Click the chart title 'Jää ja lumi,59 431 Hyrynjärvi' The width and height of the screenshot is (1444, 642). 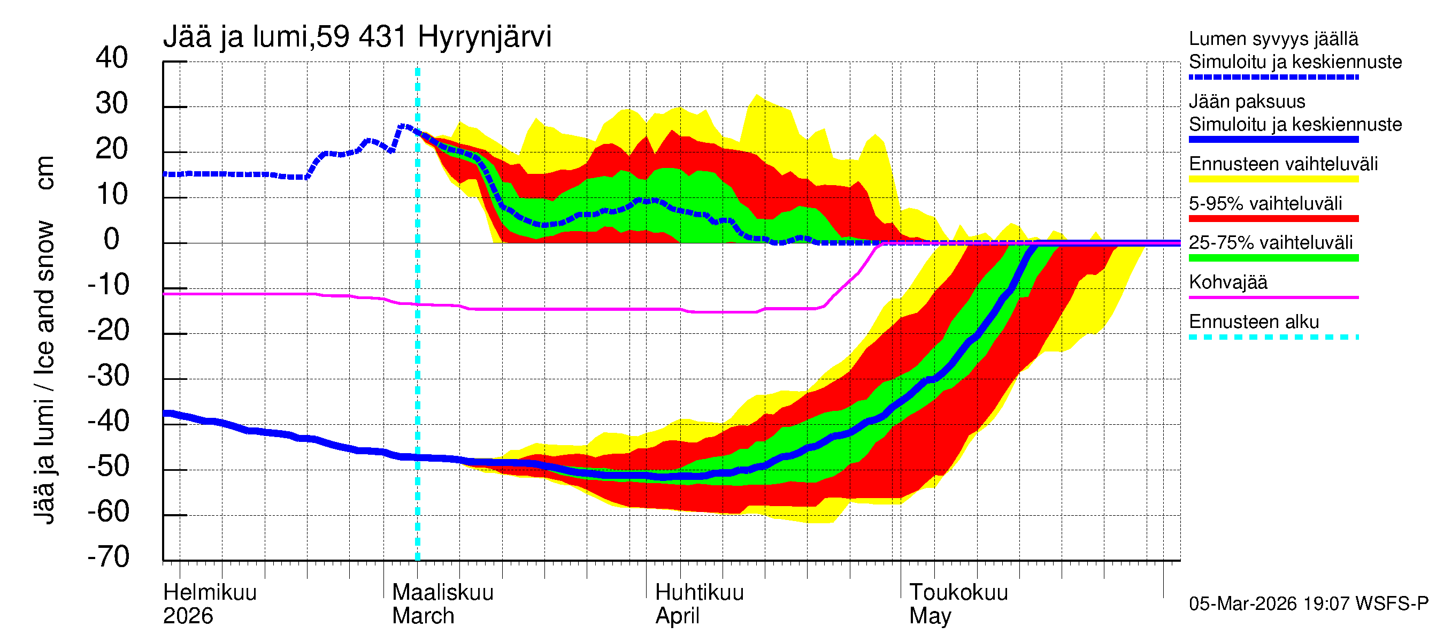[357, 37]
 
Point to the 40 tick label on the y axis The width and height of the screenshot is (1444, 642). [112, 58]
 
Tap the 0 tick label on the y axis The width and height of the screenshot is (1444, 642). [112, 240]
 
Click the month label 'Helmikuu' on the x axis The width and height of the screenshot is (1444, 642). [210, 592]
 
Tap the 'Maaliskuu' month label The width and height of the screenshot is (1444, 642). [442, 592]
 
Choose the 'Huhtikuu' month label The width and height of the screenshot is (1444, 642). [699, 592]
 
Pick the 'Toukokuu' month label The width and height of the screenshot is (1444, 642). [958, 592]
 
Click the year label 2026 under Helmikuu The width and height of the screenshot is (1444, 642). [188, 616]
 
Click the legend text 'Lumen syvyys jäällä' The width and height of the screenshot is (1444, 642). [1273, 39]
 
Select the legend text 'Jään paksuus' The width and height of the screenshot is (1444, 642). [1247, 102]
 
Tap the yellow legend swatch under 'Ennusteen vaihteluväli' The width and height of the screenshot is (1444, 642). [1273, 179]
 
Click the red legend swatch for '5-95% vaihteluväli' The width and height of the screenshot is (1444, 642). [1273, 219]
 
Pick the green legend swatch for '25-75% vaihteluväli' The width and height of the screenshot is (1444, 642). [1273, 258]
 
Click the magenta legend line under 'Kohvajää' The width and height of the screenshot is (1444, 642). [1273, 297]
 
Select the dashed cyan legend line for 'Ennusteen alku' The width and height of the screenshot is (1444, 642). [1273, 337]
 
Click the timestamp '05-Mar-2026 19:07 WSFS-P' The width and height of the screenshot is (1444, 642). [1308, 604]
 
